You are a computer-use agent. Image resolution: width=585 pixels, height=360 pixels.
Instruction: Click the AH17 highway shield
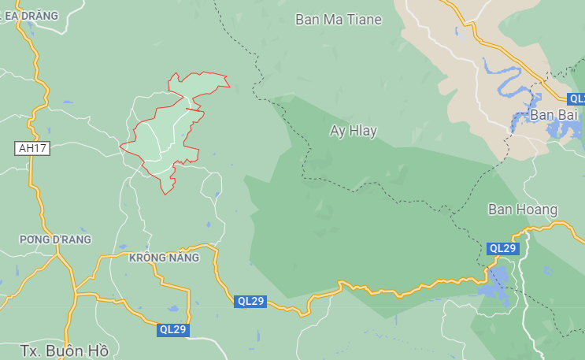(31, 148)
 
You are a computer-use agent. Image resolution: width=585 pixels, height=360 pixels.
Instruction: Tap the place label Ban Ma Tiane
(339, 20)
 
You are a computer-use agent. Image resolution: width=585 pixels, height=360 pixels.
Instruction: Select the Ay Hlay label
(354, 131)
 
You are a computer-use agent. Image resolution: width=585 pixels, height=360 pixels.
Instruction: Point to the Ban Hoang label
(523, 210)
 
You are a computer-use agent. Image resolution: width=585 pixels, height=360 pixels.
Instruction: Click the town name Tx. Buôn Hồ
(64, 350)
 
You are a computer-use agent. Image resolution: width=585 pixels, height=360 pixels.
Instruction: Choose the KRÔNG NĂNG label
(164, 258)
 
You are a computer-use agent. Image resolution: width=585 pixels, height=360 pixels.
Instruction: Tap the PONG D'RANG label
(56, 239)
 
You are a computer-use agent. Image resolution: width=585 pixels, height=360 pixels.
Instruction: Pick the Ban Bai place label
(554, 115)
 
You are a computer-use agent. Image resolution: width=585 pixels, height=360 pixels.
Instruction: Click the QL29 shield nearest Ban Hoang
(502, 248)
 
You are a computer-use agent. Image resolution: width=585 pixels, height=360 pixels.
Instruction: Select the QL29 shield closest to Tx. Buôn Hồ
(172, 329)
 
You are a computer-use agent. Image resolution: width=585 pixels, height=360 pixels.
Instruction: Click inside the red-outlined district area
(161, 138)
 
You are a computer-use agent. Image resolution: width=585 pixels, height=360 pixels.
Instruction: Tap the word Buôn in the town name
(67, 350)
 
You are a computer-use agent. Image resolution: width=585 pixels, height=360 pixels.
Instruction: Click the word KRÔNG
(145, 258)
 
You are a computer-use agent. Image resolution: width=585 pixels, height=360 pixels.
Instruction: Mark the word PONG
(35, 239)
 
